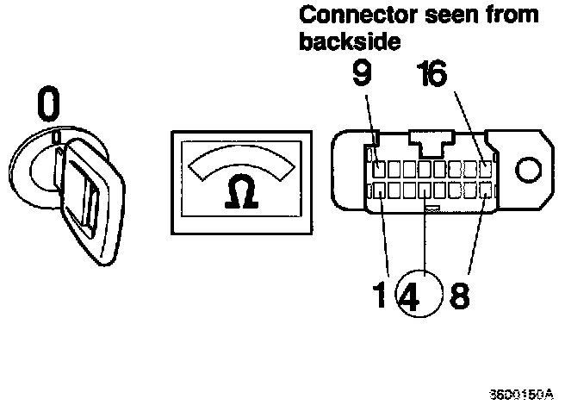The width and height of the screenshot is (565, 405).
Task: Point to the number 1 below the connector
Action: (x=380, y=297)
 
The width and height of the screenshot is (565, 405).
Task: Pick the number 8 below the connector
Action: (x=459, y=297)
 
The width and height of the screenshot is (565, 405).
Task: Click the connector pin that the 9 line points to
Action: (x=380, y=169)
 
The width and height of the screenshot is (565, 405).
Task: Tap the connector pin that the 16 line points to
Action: (x=487, y=169)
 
